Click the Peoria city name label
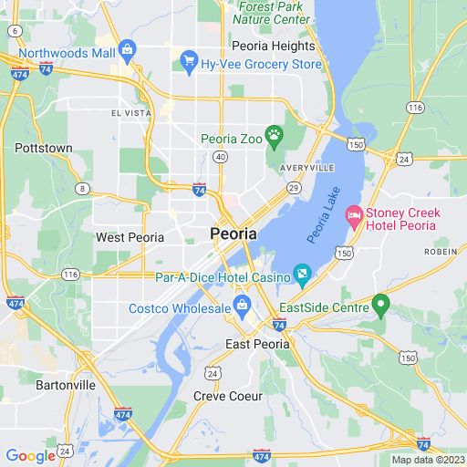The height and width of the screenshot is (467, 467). [x=233, y=233]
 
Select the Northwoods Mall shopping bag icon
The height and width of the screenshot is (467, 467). [x=128, y=48]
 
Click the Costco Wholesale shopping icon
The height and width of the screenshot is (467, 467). [x=242, y=304]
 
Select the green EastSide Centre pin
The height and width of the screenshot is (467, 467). [x=382, y=305]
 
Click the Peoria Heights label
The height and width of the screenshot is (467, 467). [x=274, y=46]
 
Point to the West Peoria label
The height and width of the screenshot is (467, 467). [x=130, y=237]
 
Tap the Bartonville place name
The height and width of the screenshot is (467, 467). [x=65, y=385]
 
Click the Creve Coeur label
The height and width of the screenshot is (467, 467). [x=228, y=396]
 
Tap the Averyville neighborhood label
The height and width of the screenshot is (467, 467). [x=308, y=168]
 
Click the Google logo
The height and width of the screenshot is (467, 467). [x=30, y=456]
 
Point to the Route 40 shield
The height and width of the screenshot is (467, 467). [x=220, y=157]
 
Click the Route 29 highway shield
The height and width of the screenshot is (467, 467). [x=294, y=187]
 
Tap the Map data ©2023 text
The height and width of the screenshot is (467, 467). [x=428, y=459]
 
